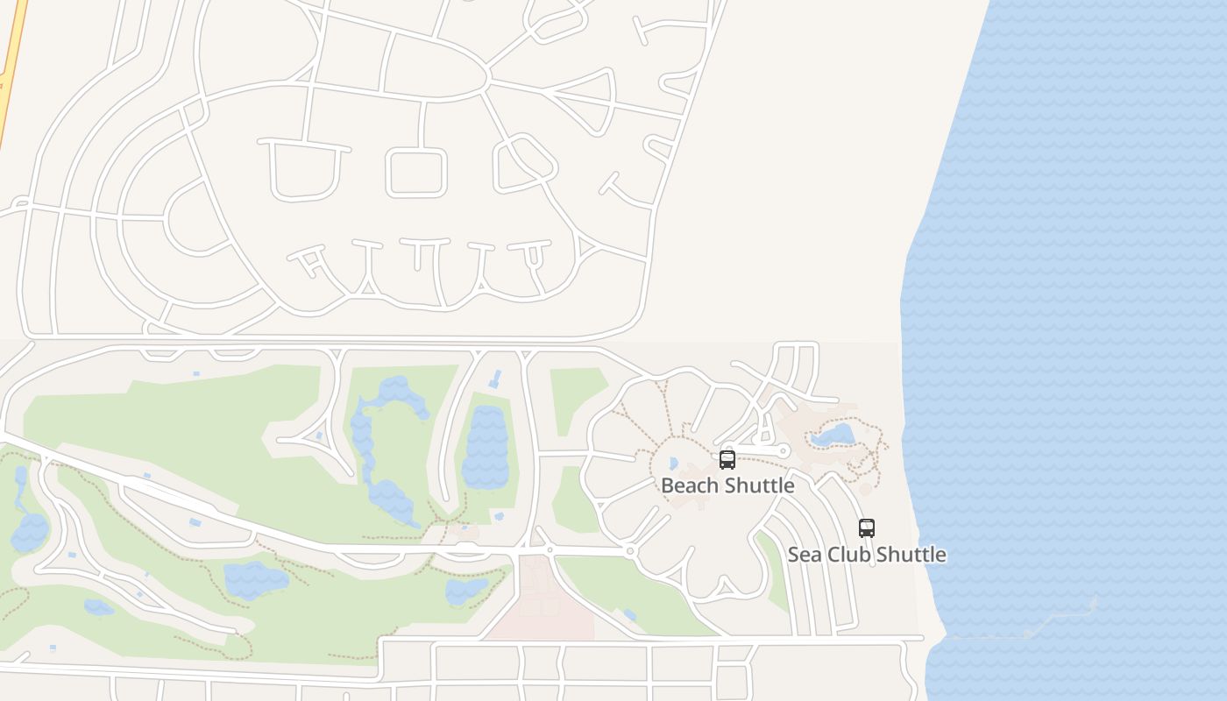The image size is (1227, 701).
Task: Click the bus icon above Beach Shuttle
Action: coord(727,459)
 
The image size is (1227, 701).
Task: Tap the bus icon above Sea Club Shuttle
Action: coord(866,528)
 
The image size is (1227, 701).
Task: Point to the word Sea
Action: coord(805,555)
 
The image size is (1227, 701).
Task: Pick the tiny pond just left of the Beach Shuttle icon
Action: coord(673,463)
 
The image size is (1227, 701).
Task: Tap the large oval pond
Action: coord(486,447)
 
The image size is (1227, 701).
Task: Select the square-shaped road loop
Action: coord(417,172)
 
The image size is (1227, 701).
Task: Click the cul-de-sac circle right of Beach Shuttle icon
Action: coord(784,451)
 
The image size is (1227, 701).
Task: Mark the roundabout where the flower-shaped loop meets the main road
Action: coord(630,551)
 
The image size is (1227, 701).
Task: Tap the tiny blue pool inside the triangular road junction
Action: coord(319,435)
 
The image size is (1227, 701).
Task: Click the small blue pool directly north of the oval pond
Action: coord(495,379)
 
